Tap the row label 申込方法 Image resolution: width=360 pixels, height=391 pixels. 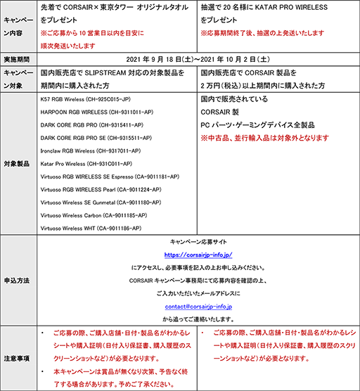pos(18,281)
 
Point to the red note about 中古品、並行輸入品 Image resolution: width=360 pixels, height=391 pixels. pos(265,138)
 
